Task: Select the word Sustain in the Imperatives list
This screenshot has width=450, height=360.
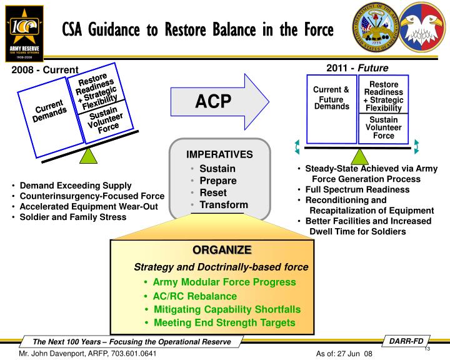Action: coord(217,168)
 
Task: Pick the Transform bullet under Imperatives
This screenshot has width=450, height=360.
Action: coord(223,204)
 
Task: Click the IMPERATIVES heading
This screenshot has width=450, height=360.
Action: coord(219,154)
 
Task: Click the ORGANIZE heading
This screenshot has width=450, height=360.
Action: coord(221,250)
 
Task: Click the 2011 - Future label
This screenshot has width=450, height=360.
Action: coord(357,67)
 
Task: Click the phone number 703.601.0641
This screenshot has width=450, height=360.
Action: coord(130,354)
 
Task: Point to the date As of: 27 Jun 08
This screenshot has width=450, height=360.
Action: coord(345,354)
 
